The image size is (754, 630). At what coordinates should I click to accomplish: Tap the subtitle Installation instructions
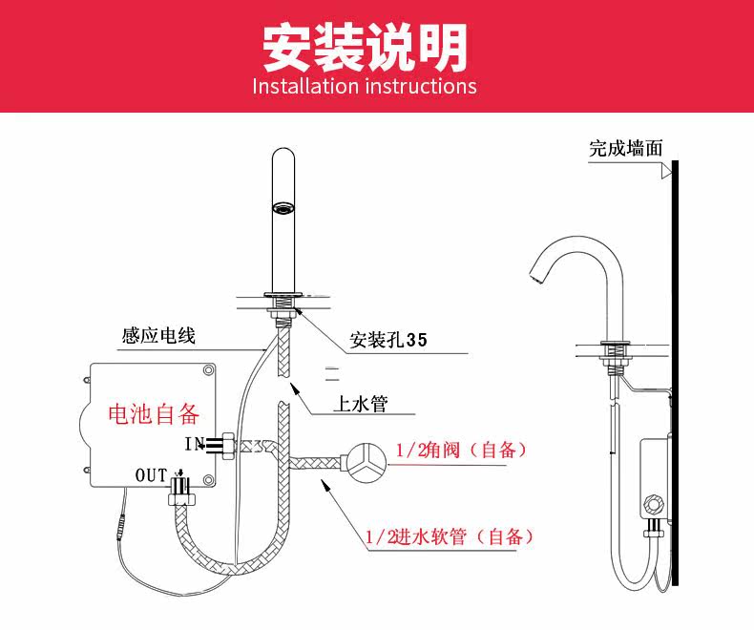365,86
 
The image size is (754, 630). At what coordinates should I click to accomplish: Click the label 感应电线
158,336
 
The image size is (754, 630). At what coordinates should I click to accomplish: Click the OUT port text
151,474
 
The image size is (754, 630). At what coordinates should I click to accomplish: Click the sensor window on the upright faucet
283,207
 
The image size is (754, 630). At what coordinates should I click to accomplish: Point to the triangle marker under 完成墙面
662,172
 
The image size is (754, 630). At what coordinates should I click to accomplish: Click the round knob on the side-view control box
655,502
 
